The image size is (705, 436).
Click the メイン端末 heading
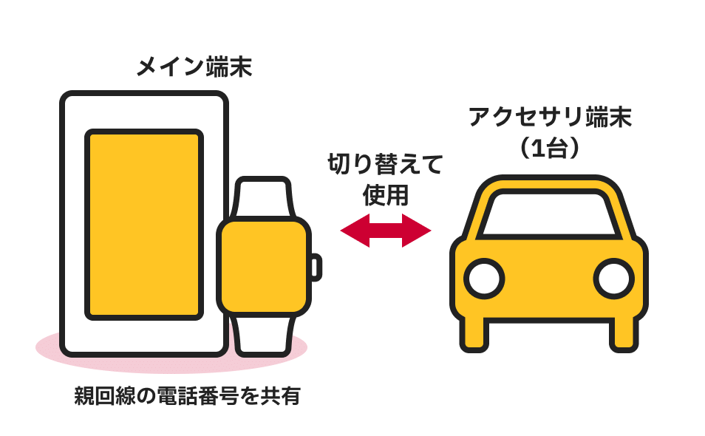pyautogui.click(x=194, y=68)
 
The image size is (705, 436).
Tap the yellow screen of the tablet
pyautogui.click(x=144, y=224)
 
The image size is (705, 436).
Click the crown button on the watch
pyautogui.click(x=316, y=267)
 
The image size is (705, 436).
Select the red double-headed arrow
pyautogui.click(x=385, y=231)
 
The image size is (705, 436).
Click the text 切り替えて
pyautogui.click(x=385, y=164)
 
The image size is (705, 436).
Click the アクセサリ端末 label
pyautogui.click(x=550, y=118)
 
